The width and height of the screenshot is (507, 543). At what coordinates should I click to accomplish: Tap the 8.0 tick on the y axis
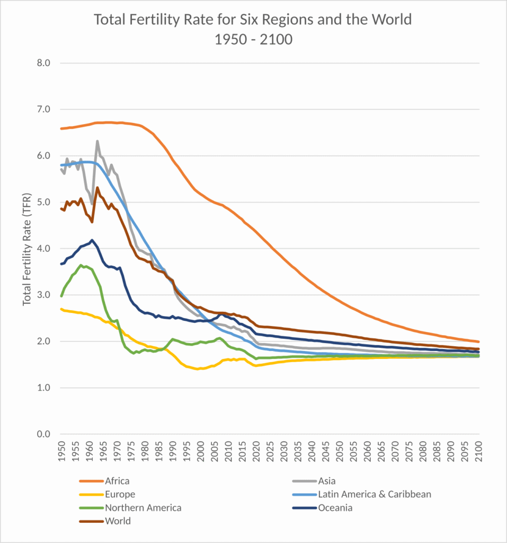coord(43,63)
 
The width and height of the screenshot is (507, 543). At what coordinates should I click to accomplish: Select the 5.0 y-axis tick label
coord(43,202)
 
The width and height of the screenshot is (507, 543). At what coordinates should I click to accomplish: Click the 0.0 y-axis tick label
coord(43,434)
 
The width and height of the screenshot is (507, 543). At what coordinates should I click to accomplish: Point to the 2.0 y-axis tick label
coord(43,341)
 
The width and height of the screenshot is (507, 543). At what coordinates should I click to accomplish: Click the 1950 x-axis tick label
coord(61,452)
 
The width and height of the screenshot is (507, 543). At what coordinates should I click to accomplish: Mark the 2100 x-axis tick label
coord(479,452)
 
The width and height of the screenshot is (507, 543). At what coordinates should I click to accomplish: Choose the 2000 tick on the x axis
coord(201,452)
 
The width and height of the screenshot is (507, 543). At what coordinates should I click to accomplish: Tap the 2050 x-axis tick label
coord(340,452)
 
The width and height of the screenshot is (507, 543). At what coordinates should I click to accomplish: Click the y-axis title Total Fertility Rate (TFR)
coord(27,249)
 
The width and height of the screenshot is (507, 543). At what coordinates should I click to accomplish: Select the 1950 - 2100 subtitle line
coord(253,39)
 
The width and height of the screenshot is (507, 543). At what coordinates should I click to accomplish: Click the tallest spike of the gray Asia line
coord(97,141)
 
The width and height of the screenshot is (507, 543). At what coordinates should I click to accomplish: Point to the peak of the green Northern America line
coord(81,265)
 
